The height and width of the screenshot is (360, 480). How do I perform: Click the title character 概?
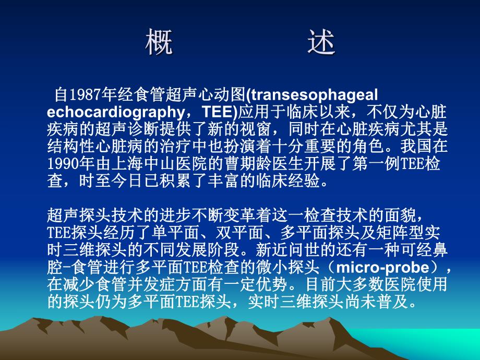pyautogui.click(x=159, y=44)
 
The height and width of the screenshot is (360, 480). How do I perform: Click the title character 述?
pyautogui.click(x=320, y=44)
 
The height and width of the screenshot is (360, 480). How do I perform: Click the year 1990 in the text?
pyautogui.click(x=63, y=164)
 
